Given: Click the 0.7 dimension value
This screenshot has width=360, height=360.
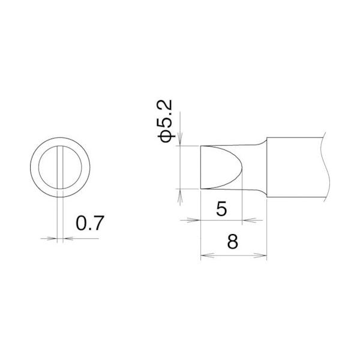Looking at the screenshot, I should (91, 224).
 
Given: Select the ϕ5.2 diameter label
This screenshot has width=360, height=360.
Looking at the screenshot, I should (166, 122).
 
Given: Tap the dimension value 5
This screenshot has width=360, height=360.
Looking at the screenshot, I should (221, 209).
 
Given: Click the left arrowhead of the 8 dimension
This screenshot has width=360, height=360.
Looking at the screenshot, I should (203, 256).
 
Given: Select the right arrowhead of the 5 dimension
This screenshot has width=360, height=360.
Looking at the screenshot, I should (248, 220).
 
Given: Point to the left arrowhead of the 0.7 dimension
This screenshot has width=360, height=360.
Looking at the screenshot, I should (53, 238).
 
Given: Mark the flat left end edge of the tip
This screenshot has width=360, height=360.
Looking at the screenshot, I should (200, 167).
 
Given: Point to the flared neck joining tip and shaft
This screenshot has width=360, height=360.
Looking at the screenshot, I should (259, 167).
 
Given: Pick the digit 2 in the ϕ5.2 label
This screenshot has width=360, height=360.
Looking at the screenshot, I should (166, 107).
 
